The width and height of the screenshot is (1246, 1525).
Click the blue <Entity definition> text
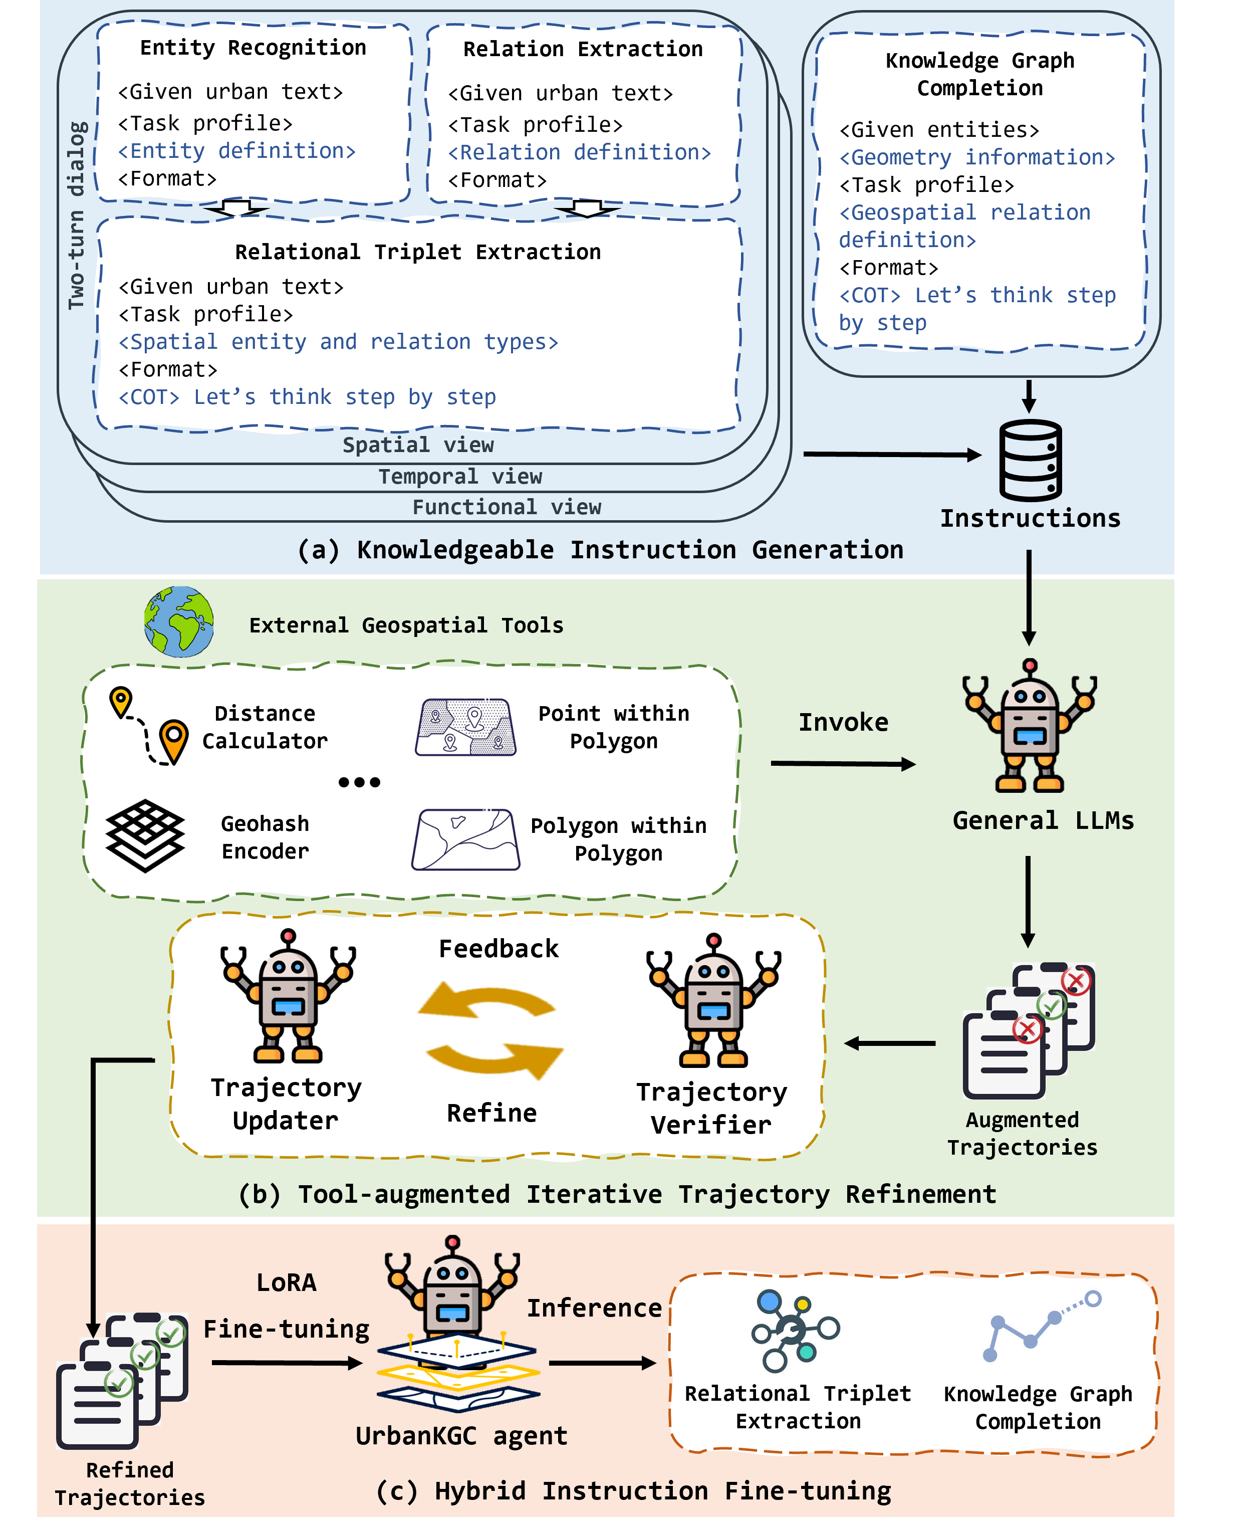tap(237, 151)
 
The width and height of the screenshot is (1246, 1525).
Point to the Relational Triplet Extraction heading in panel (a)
tap(418, 252)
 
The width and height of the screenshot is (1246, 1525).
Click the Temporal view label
tap(460, 477)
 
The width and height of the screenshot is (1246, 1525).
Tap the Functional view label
tap(507, 507)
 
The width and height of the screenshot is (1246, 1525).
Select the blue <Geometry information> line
tap(977, 157)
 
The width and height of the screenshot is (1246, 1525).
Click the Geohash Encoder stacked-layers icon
tap(145, 836)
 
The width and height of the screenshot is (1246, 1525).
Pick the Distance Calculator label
tap(265, 727)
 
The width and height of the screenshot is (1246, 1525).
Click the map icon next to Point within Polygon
tap(465, 727)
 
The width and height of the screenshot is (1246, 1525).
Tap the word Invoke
tap(843, 722)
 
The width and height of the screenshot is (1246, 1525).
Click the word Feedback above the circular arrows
tap(498, 949)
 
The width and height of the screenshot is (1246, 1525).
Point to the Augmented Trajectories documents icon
tap(1028, 1030)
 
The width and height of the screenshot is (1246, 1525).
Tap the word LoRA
tap(287, 1282)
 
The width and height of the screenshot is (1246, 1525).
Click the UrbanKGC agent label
tap(461, 1436)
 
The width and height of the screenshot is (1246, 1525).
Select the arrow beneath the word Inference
tap(602, 1362)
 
